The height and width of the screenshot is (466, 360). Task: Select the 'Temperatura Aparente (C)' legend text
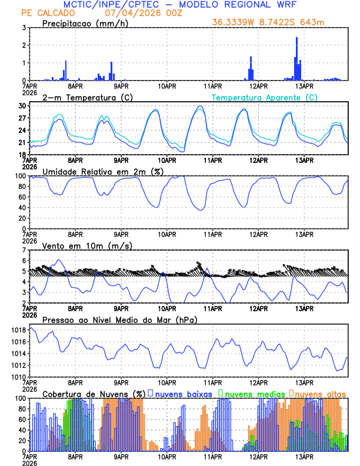(264, 97)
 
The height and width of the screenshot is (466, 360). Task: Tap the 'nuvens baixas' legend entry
(182, 393)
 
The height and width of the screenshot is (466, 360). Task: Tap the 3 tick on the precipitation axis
(24, 28)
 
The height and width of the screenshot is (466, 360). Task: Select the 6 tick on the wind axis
(24, 260)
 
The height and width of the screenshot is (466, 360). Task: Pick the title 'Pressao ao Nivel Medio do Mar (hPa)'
(119, 319)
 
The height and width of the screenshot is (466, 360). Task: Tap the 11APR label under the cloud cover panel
(212, 456)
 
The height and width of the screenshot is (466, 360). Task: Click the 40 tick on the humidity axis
(22, 208)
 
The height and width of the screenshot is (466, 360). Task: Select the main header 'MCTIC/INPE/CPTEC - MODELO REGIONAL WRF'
(180, 4)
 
